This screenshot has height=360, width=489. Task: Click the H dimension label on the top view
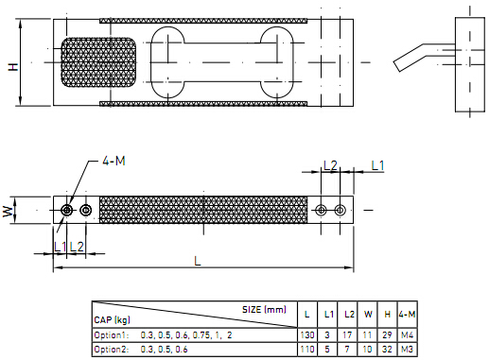(x=13, y=66)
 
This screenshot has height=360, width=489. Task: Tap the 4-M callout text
(x=114, y=161)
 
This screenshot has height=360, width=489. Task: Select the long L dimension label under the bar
(x=198, y=261)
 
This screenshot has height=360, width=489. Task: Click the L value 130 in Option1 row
(x=307, y=335)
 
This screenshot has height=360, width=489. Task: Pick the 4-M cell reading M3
(x=407, y=350)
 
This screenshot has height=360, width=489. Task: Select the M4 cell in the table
(x=407, y=335)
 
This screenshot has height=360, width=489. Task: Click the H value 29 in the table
(x=387, y=335)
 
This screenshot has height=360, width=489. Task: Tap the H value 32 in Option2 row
(x=387, y=350)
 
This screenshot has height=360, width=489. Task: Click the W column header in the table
(x=368, y=314)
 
